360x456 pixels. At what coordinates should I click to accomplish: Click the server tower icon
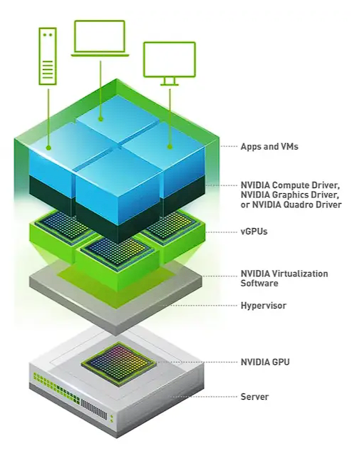coord(48,55)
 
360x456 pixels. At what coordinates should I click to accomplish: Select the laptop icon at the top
coord(100,38)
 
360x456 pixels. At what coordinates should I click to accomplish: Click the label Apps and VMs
coord(269,147)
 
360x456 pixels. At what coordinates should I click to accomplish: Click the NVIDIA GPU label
coord(265,362)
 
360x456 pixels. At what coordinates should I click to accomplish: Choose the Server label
coord(255,396)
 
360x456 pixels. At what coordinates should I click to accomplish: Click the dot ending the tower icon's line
coord(48,147)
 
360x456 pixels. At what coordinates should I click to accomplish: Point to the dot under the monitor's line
coord(169,147)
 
